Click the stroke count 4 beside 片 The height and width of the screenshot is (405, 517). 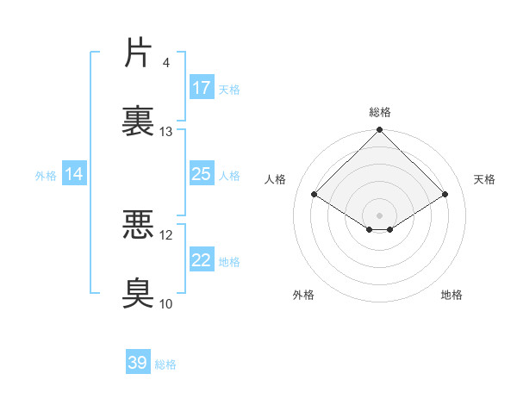point(165,63)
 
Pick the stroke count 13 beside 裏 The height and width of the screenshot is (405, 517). point(166,132)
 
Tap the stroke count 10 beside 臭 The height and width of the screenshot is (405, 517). point(166,303)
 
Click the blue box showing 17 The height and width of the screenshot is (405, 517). point(201,88)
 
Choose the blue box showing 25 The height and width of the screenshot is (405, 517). point(201,174)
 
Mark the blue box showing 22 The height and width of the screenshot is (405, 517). point(201,260)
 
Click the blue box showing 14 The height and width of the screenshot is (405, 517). point(74,174)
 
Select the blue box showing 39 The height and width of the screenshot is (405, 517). point(137,363)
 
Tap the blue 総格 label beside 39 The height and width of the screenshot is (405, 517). point(165,364)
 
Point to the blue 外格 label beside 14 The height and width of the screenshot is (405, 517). point(46,175)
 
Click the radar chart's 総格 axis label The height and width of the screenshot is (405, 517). point(379,112)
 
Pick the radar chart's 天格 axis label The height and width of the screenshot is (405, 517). point(484,179)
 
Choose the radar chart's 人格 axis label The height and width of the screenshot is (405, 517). point(276,179)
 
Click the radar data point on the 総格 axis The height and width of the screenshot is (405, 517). point(379,131)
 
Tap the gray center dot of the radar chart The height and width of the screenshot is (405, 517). point(379,215)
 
